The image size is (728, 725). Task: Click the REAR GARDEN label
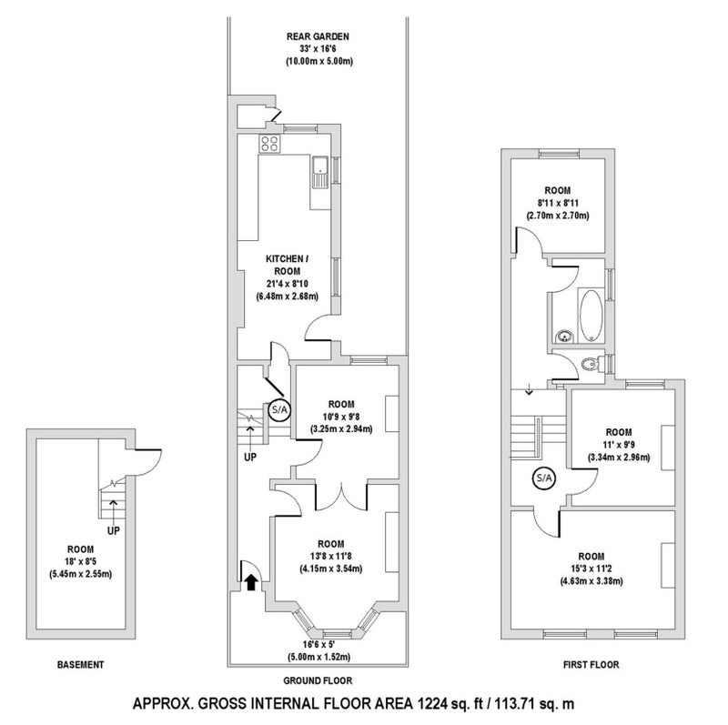click(x=318, y=36)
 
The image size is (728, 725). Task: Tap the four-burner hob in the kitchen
click(x=269, y=144)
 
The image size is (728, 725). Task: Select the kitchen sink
click(x=320, y=172)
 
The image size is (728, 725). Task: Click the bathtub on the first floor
click(x=591, y=316)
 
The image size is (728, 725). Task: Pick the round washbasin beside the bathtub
click(x=564, y=336)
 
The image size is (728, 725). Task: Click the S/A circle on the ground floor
click(x=280, y=410)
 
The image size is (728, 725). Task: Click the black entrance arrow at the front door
click(x=251, y=581)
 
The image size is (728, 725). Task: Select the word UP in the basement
click(x=113, y=530)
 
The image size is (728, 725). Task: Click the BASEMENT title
click(x=80, y=665)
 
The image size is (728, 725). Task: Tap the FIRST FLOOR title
click(x=591, y=665)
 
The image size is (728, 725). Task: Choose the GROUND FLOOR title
click(x=318, y=680)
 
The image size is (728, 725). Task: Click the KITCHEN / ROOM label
click(x=287, y=265)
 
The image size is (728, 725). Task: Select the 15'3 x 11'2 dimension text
click(x=591, y=569)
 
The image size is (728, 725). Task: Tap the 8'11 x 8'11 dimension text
click(x=558, y=203)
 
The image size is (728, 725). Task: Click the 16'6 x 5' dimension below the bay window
click(x=318, y=644)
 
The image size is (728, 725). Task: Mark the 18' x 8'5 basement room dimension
click(x=80, y=561)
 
